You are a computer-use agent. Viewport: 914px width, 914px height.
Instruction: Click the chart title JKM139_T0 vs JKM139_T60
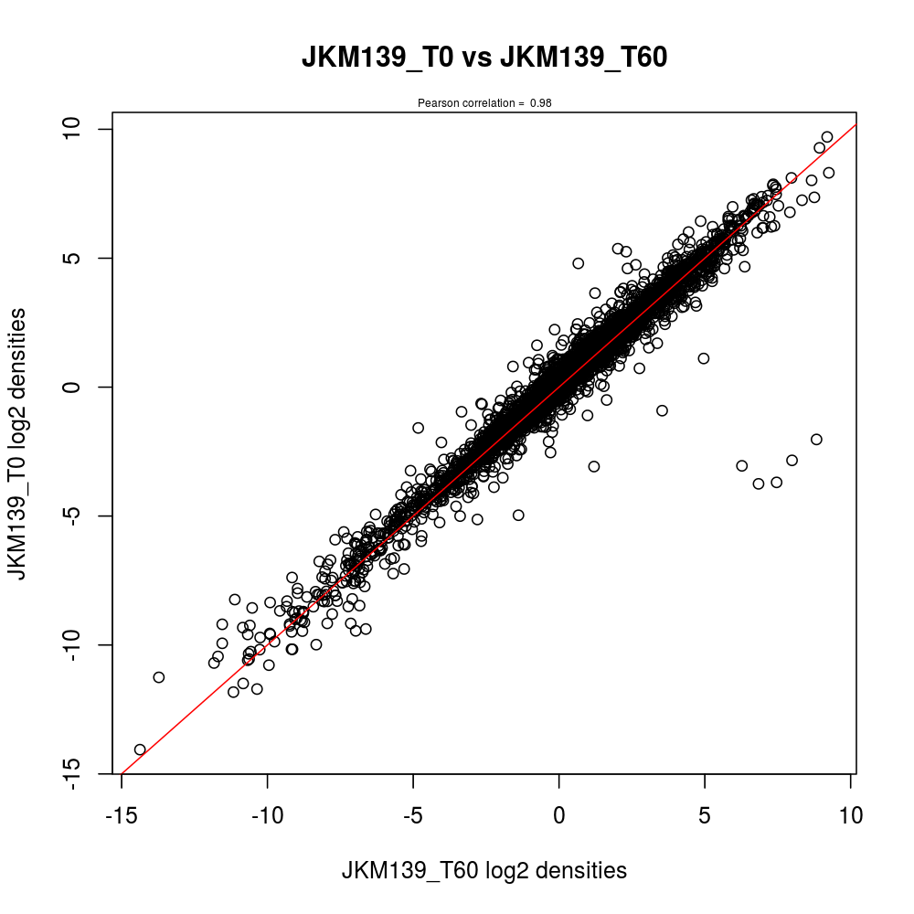pyautogui.click(x=484, y=58)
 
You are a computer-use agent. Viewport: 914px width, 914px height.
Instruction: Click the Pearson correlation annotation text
pyautogui.click(x=484, y=103)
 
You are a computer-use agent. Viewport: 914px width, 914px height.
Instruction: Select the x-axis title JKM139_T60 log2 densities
pyautogui.click(x=484, y=870)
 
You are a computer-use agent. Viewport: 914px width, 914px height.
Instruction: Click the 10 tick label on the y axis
pyautogui.click(x=81, y=129)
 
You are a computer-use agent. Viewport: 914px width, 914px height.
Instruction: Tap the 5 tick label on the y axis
pyautogui.click(x=81, y=258)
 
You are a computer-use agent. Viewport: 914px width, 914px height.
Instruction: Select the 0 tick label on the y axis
pyautogui.click(x=81, y=387)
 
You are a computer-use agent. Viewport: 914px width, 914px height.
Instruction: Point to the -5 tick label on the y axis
pyautogui.click(x=81, y=515)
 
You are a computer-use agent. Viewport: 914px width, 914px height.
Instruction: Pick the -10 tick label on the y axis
pyautogui.click(x=81, y=644)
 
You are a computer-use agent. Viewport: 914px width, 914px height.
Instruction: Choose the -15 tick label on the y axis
pyautogui.click(x=81, y=773)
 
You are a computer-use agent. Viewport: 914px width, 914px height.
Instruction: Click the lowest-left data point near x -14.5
pyautogui.click(x=140, y=749)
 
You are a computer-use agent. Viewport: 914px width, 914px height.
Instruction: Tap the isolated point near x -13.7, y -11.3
pyautogui.click(x=159, y=677)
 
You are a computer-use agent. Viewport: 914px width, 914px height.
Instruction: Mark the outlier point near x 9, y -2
pyautogui.click(x=816, y=440)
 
